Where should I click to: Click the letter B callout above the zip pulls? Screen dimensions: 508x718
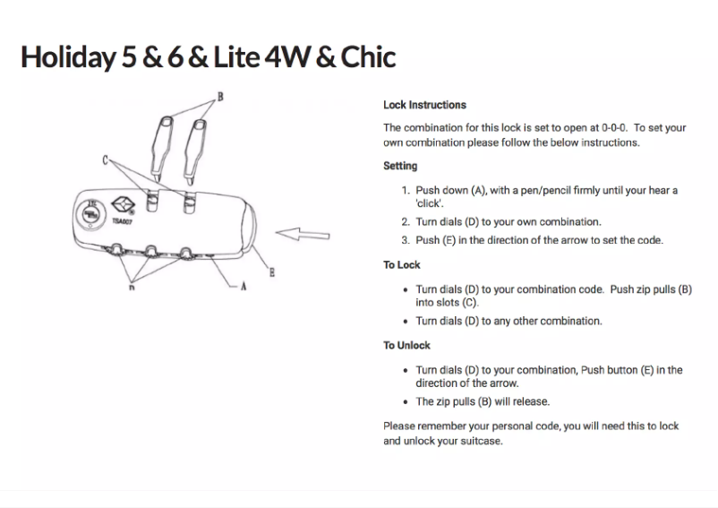[x=219, y=96]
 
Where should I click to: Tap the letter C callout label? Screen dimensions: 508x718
[x=106, y=160]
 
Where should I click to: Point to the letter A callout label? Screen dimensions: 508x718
[x=243, y=287]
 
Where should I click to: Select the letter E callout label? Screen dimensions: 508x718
[x=271, y=271]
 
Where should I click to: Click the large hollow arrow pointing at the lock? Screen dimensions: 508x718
[x=303, y=235]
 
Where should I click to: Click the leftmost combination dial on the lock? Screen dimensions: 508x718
[x=119, y=253]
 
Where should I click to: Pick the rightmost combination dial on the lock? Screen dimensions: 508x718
[x=186, y=253]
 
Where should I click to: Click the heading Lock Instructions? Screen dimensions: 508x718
[x=424, y=105]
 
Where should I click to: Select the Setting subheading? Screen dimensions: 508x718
[x=399, y=166]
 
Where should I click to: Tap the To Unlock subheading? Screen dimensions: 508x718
[x=406, y=346]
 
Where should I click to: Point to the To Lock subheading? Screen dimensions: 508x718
[x=401, y=265]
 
